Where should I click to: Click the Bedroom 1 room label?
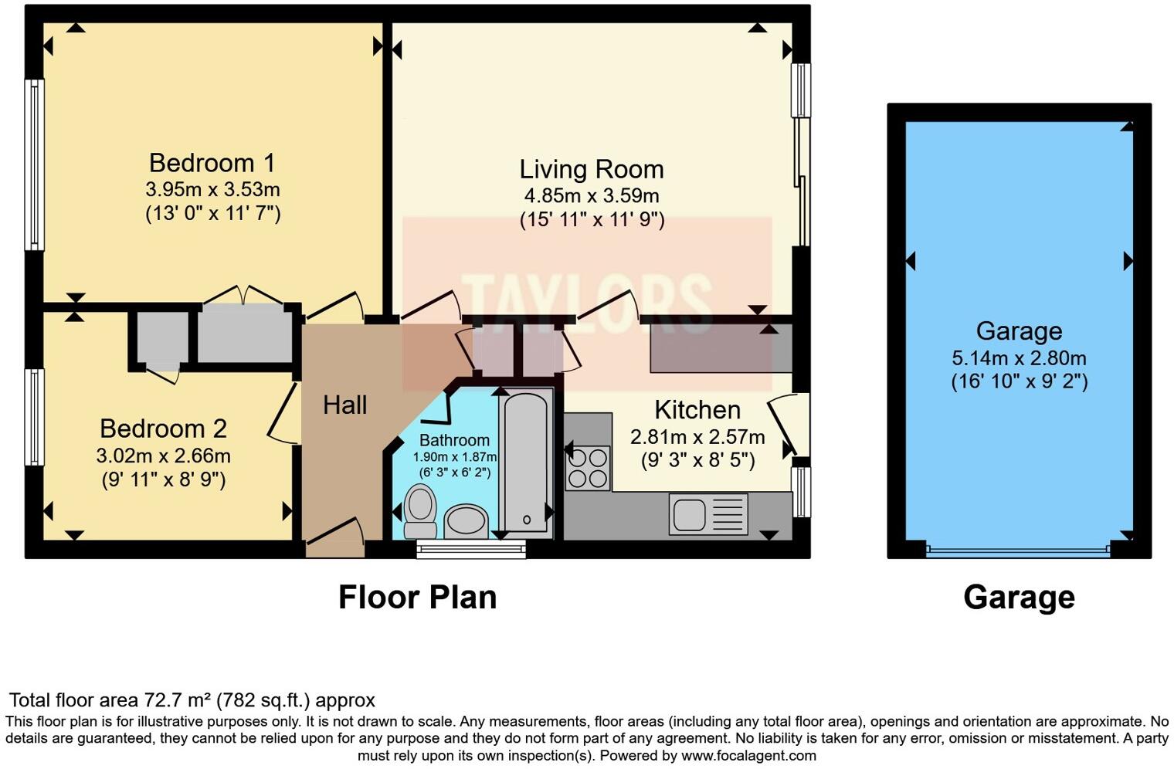212,163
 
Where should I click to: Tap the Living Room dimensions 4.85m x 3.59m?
592,196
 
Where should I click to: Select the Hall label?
344,405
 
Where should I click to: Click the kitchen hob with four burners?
587,468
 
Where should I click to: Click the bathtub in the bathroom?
526,461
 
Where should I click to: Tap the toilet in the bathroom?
420,510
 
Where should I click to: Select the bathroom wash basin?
466,521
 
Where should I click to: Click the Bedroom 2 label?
163,428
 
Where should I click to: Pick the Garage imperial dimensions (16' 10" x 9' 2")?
1019,381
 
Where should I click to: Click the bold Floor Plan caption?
417,597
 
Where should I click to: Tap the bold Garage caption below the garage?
1019,597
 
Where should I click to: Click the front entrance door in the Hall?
335,537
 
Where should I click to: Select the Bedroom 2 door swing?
283,414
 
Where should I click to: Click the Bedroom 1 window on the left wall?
34,164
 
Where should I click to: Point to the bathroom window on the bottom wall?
470,549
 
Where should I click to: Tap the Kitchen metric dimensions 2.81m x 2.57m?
697,437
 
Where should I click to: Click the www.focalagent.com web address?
748,755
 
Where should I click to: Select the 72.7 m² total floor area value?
178,700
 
